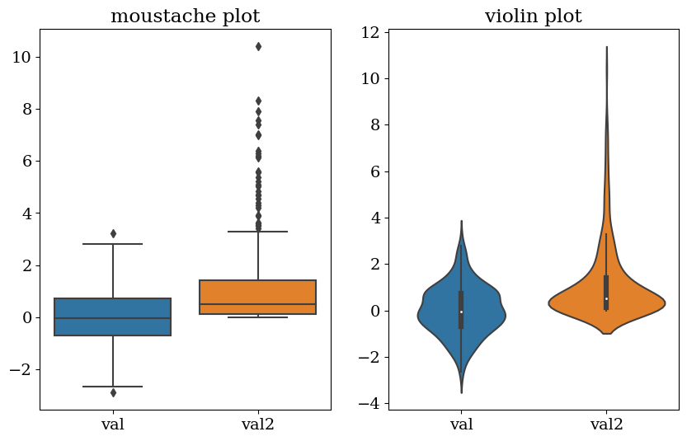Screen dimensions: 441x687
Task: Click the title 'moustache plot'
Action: click(185, 16)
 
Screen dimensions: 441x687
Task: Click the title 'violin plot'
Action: click(533, 16)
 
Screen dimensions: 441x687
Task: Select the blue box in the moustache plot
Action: click(113, 317)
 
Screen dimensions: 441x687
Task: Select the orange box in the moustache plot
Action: click(258, 297)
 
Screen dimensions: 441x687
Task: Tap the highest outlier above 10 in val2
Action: click(258, 47)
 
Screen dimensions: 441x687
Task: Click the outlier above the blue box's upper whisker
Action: click(113, 234)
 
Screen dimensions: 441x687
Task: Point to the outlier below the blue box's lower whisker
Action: click(113, 392)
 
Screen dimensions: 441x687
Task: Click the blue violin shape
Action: click(445, 313)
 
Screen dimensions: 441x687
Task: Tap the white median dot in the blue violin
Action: click(461, 312)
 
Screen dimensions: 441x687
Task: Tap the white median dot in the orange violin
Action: click(606, 298)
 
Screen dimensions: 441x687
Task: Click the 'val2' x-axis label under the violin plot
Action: click(606, 425)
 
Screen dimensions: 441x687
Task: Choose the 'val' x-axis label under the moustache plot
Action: click(113, 425)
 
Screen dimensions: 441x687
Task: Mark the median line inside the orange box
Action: click(258, 304)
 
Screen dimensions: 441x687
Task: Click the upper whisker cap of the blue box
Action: click(113, 244)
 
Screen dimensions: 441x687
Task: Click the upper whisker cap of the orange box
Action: click(258, 232)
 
